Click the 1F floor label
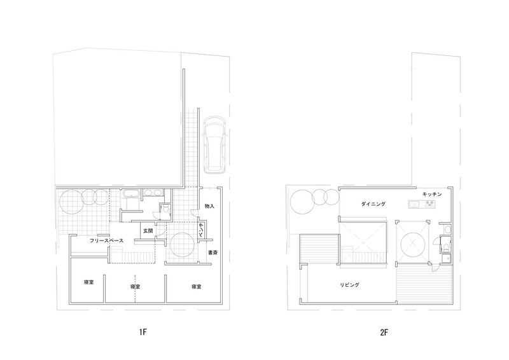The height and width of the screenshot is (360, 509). pos(143,332)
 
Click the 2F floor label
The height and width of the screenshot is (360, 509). pos(384,332)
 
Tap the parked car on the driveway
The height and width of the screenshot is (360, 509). pos(214,144)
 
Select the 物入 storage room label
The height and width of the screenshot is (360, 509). pos(209,206)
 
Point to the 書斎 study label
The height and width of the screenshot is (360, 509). pos(213,253)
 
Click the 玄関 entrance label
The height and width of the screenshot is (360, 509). pos(148,231)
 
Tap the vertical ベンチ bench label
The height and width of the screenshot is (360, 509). pos(201,230)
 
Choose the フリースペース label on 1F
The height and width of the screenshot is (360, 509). pos(106,240)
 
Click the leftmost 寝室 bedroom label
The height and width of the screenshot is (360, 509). pos(89,282)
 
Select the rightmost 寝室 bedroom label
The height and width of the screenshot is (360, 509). pos(197,286)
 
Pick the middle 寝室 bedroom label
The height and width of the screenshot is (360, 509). pos(135,286)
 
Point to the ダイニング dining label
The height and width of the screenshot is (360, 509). pos(373,204)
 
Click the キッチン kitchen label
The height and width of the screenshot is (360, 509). pos(432,194)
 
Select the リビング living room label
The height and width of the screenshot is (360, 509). pos(349,285)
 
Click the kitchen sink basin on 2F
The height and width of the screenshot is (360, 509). pos(415,204)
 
